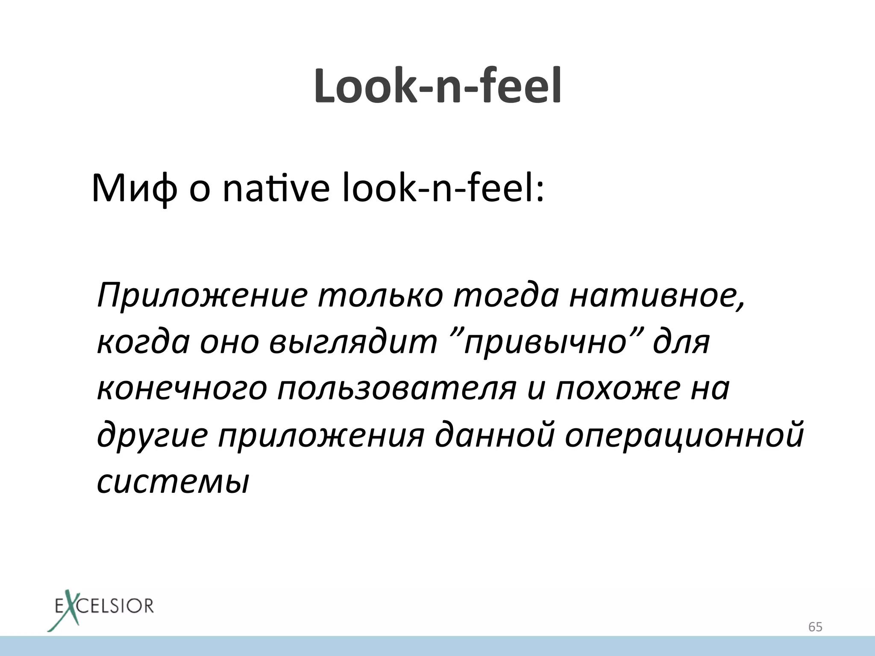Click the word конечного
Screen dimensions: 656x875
[x=182, y=389]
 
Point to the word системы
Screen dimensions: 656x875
[x=173, y=482]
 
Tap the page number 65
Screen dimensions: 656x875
[x=815, y=627]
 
